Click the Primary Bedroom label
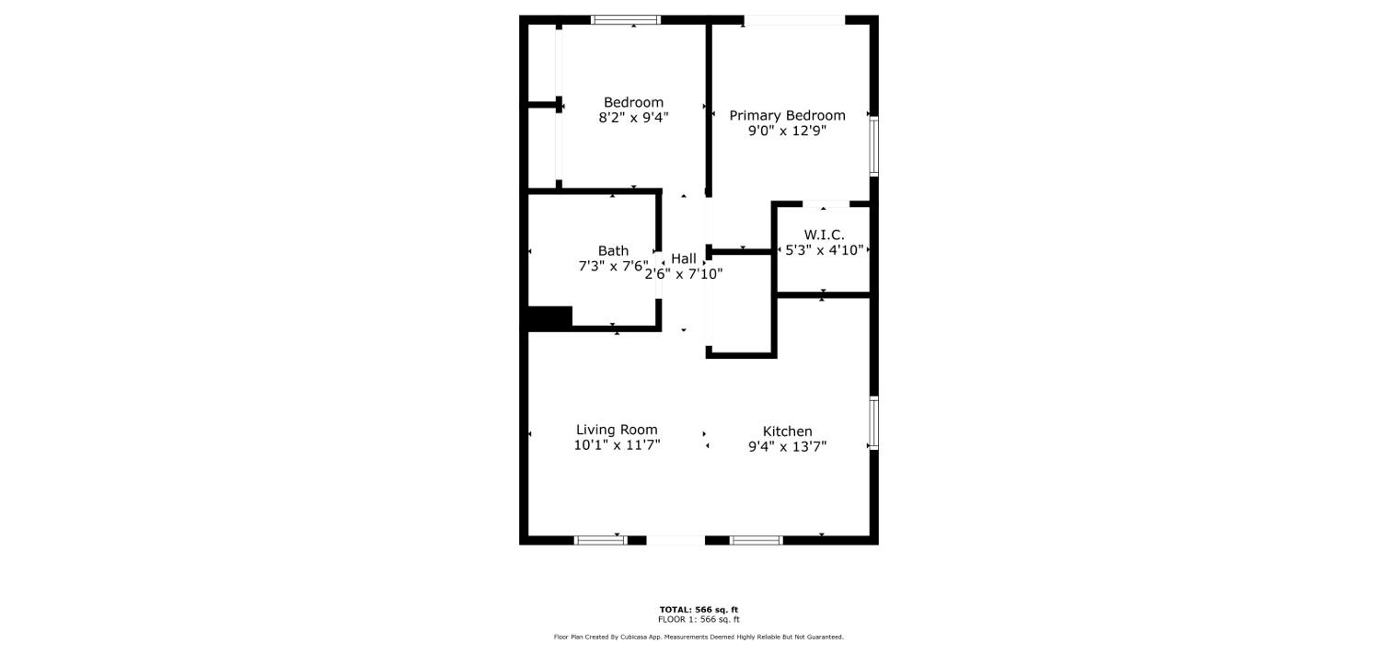(787, 116)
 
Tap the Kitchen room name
(787, 431)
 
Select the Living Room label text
(617, 430)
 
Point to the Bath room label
(613, 251)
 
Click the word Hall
(684, 259)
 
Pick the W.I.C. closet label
(824, 236)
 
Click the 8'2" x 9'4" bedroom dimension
(633, 118)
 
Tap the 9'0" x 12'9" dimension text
(787, 131)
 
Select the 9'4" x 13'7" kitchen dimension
(787, 447)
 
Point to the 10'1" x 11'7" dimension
(617, 445)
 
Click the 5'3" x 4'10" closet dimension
(824, 250)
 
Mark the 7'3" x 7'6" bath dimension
(613, 267)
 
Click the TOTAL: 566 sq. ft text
(699, 610)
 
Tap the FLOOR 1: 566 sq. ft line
(699, 619)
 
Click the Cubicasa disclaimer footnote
(699, 637)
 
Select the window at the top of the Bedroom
(626, 19)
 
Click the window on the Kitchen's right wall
(873, 423)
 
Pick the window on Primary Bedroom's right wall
(873, 145)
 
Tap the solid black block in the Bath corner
(550, 317)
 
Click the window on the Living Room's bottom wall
(600, 540)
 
